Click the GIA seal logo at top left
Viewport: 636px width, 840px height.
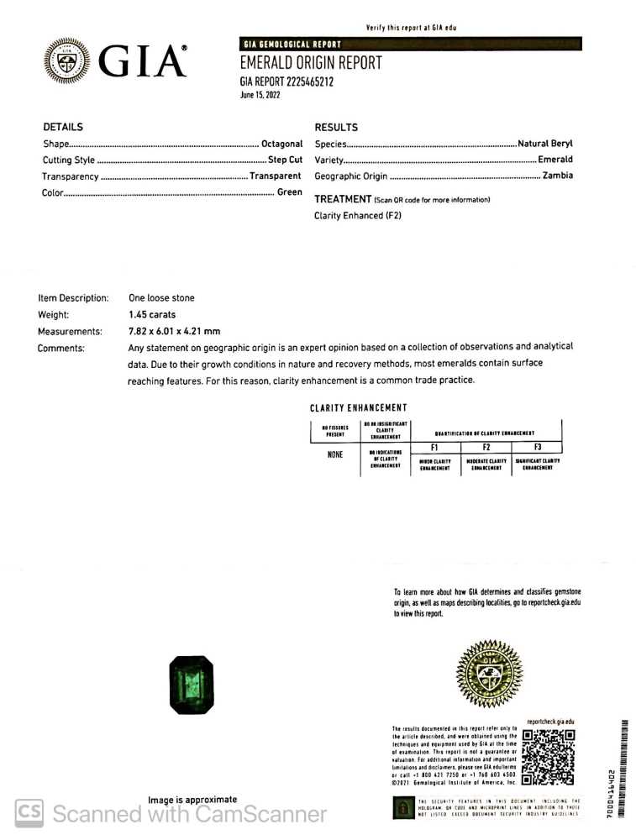pyautogui.click(x=66, y=60)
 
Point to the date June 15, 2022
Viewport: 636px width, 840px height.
pyautogui.click(x=260, y=95)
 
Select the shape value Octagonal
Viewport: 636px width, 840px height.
pyautogui.click(x=281, y=144)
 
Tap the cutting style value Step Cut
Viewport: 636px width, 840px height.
pyautogui.click(x=285, y=160)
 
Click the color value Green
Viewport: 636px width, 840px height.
pyautogui.click(x=290, y=192)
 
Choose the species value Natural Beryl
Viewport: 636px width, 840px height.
pyautogui.click(x=545, y=144)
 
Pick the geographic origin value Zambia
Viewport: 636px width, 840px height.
pyautogui.click(x=558, y=176)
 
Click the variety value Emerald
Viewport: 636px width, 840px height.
pyautogui.click(x=555, y=160)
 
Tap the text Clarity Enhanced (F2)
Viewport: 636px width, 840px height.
pyautogui.click(x=358, y=216)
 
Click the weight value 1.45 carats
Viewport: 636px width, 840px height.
pyautogui.click(x=152, y=314)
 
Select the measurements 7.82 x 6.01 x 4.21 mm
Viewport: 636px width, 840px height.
pyautogui.click(x=174, y=331)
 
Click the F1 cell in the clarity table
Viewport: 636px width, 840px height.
pyautogui.click(x=435, y=448)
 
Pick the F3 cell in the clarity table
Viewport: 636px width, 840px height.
pyautogui.click(x=537, y=448)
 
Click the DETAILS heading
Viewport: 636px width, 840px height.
pyautogui.click(x=63, y=128)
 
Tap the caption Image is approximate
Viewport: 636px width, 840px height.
pyautogui.click(x=192, y=800)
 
